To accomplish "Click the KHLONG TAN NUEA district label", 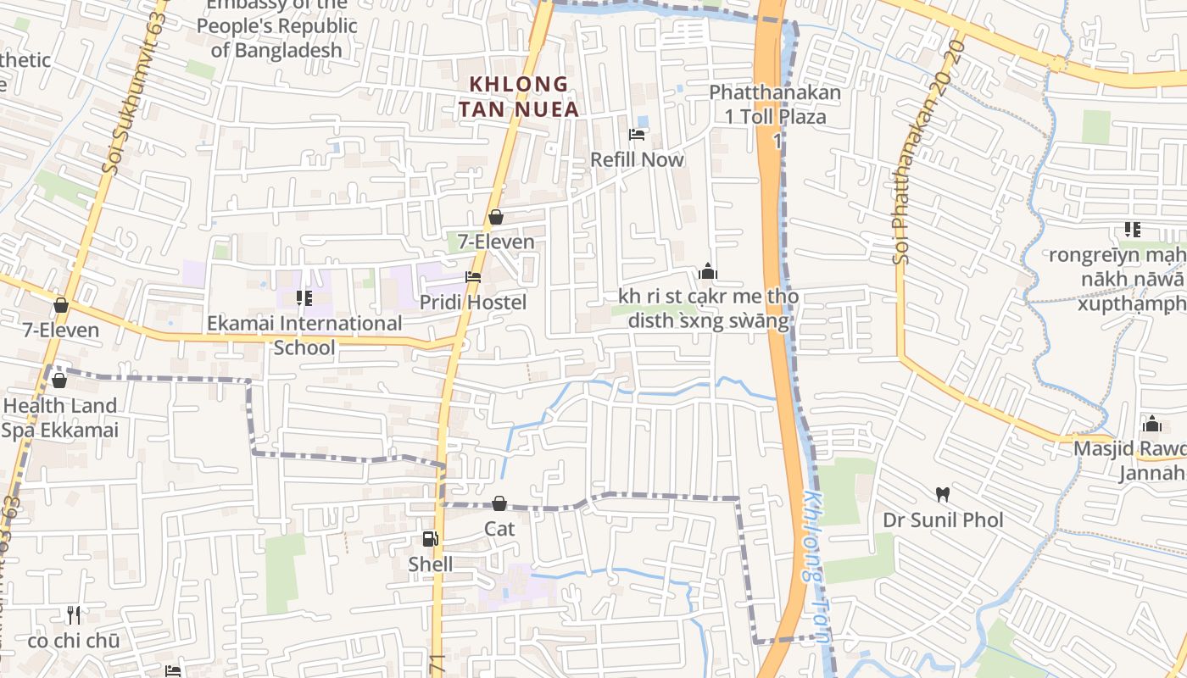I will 519,97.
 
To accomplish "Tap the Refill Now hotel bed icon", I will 637,135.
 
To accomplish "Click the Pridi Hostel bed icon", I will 473,277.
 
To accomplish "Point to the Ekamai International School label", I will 304,336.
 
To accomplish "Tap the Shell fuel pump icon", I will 431,539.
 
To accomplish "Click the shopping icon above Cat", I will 499,503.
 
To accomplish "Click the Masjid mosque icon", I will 1151,423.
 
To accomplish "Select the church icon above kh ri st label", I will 708,271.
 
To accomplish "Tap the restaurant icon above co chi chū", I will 74,614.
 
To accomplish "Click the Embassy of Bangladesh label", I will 276,27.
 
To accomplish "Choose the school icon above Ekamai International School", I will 304,297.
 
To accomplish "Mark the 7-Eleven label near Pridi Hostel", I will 496,242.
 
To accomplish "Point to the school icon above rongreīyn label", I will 1132,229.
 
